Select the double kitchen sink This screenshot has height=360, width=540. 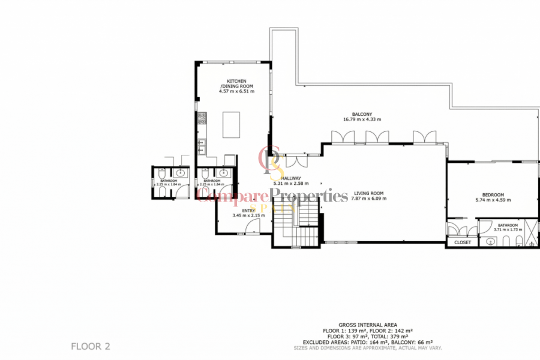(202, 146)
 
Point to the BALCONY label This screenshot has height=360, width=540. (362, 114)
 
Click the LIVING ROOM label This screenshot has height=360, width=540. (367, 193)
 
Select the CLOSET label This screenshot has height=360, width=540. (463, 242)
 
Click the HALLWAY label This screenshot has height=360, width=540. (291, 178)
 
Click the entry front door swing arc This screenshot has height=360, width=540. (254, 227)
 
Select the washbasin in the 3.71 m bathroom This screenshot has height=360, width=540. (491, 242)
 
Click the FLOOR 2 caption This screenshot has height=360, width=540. (91, 346)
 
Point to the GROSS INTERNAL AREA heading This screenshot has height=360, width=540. (367, 325)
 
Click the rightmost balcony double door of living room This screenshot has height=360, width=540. (425, 137)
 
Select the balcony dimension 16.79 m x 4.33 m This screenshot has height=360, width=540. (362, 119)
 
